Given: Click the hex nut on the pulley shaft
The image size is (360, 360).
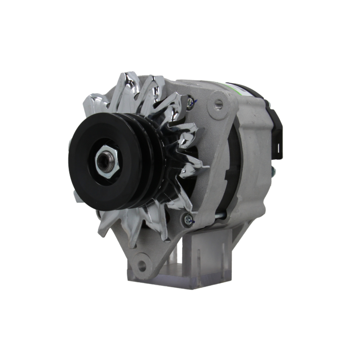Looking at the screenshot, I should pyautogui.click(x=107, y=161).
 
